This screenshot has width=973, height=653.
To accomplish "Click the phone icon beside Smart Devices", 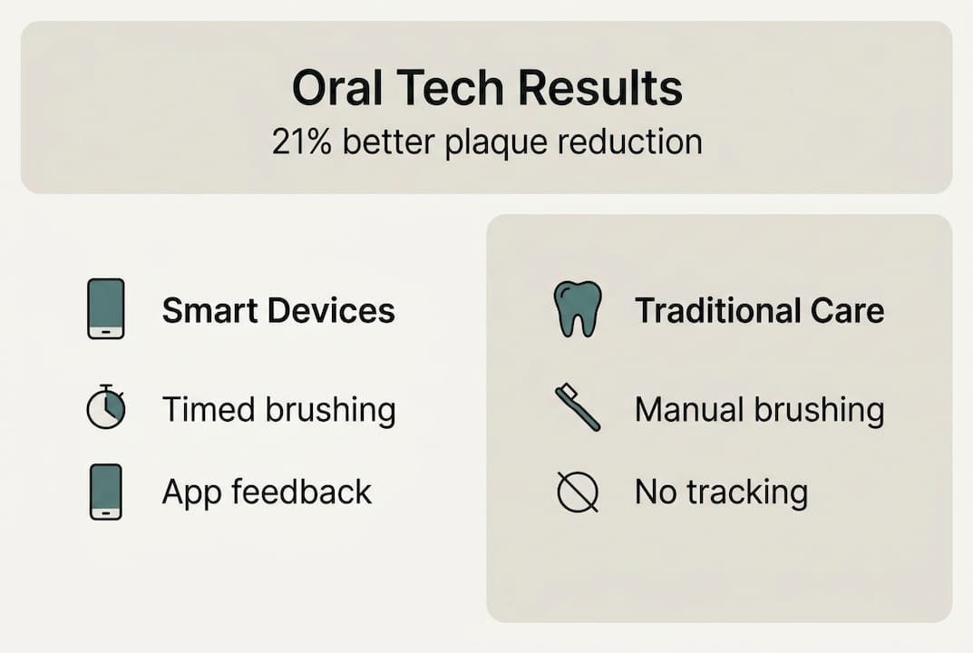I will point(106,309).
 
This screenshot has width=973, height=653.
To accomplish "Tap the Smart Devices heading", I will point(278,311).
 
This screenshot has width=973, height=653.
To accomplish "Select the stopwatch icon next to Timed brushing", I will point(105,408).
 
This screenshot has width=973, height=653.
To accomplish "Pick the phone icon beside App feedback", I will point(106,492).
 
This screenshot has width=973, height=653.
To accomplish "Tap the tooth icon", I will point(578,309).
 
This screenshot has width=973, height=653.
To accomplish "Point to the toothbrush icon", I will point(578,408).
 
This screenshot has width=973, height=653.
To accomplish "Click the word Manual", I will point(686,410).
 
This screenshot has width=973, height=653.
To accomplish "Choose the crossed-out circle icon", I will point(578,492).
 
